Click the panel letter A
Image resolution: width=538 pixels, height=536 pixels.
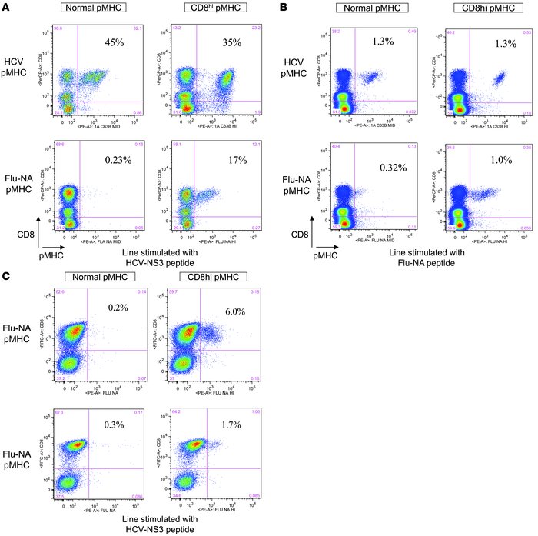[5, 7]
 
